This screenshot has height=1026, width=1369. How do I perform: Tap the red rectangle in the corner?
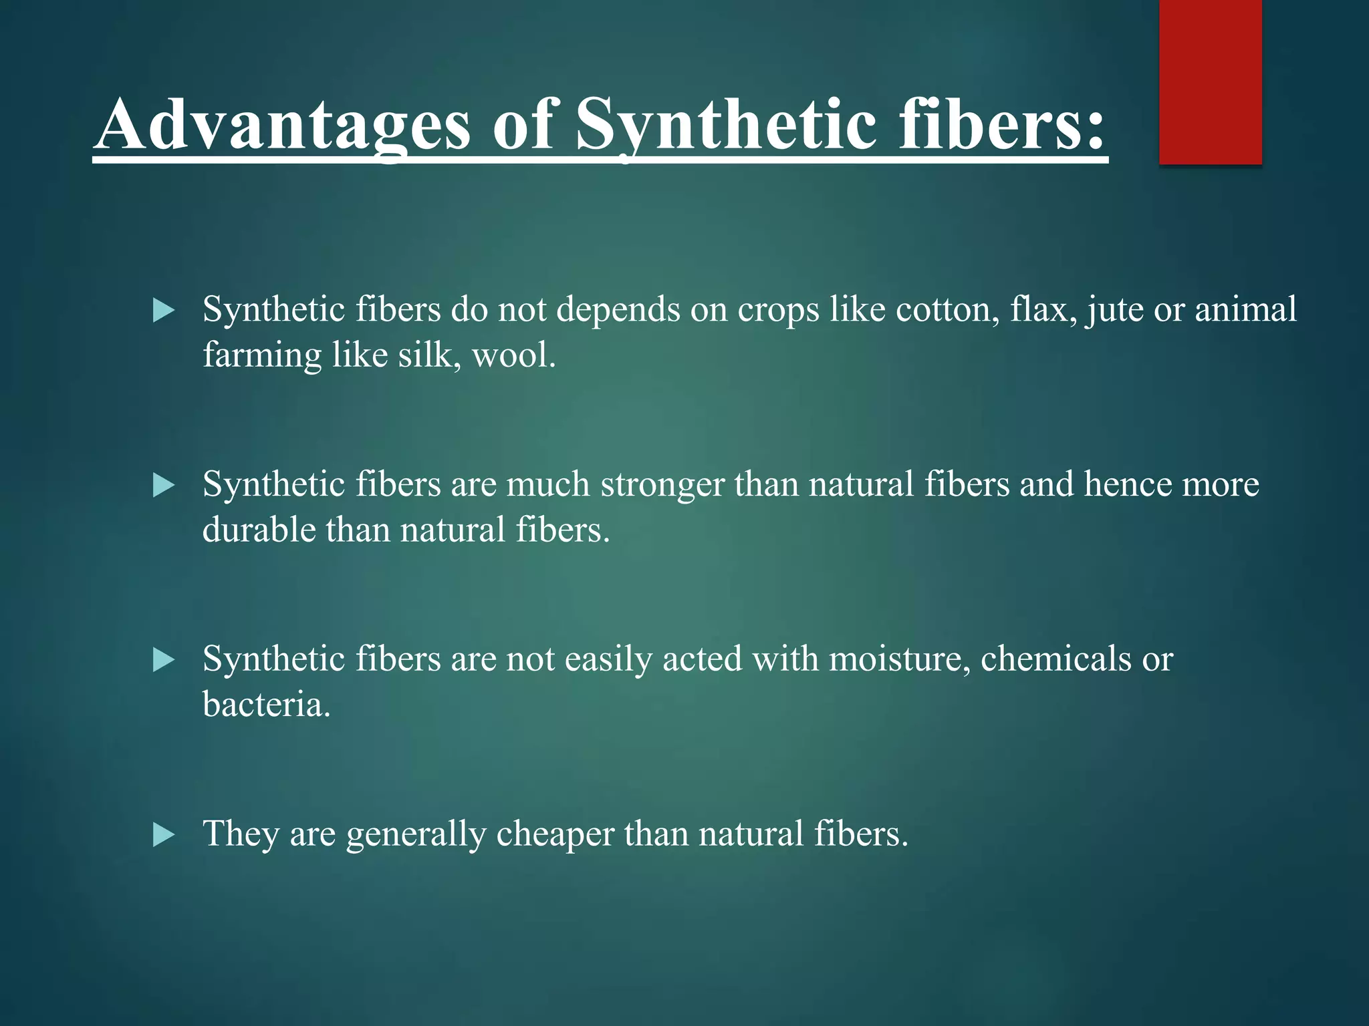[1210, 81]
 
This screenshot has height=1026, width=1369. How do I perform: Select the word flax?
[1043, 310]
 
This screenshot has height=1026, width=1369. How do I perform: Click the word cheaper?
[554, 834]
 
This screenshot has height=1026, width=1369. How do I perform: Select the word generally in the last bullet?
[416, 834]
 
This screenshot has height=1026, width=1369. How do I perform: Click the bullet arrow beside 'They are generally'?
[163, 835]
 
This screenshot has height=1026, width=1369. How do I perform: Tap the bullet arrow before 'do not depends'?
[163, 311]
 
